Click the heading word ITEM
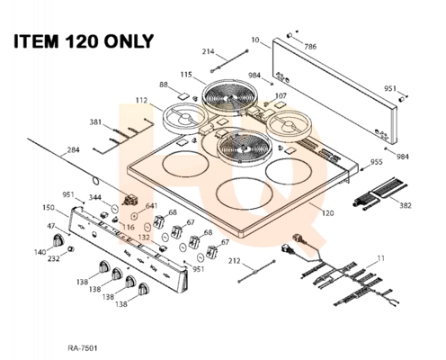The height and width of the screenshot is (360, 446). pyautogui.click(x=36, y=41)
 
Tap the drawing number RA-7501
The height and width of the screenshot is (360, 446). pyautogui.click(x=83, y=348)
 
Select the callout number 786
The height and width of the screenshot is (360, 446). pyautogui.click(x=310, y=47)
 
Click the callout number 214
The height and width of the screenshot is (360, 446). pyautogui.click(x=208, y=51)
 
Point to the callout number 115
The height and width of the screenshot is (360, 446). pyautogui.click(x=186, y=75)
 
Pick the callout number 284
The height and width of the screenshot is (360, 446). pyautogui.click(x=74, y=149)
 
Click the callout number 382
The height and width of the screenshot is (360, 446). pyautogui.click(x=406, y=205)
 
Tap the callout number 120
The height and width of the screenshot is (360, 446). pyautogui.click(x=328, y=213)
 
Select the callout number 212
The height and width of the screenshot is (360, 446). pyautogui.click(x=234, y=261)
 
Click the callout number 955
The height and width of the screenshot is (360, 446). pyautogui.click(x=377, y=162)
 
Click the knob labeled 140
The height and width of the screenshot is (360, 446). pyautogui.click(x=58, y=240)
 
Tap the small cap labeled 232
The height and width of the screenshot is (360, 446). pyautogui.click(x=71, y=248)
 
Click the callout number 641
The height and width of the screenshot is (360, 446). pyautogui.click(x=152, y=206)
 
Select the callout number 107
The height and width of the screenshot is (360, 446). pyautogui.click(x=281, y=96)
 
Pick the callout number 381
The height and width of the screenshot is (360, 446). pyautogui.click(x=95, y=122)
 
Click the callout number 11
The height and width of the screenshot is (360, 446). pyautogui.click(x=380, y=258)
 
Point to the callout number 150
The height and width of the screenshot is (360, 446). pyautogui.click(x=49, y=208)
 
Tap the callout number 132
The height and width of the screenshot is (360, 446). pyautogui.click(x=144, y=238)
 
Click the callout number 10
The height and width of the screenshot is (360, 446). pyautogui.click(x=255, y=40)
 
